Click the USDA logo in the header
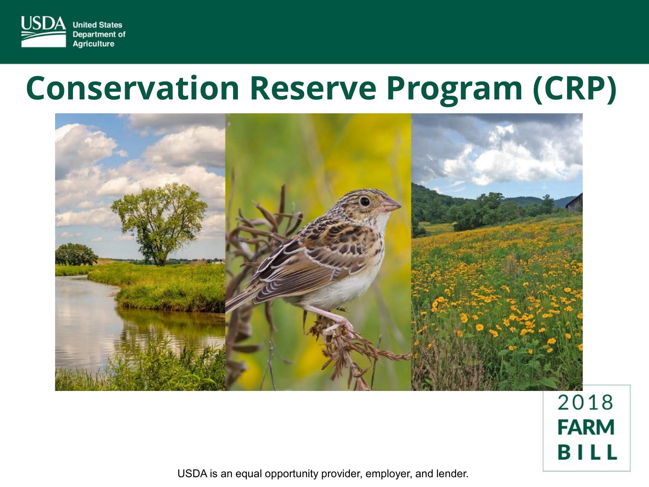pyautogui.click(x=44, y=31)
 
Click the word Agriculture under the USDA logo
pyautogui.click(x=94, y=44)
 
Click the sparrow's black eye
pyautogui.click(x=364, y=202)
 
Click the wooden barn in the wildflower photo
pyautogui.click(x=575, y=203)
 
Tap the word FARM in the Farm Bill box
pyautogui.click(x=586, y=427)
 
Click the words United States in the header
pyautogui.click(x=97, y=25)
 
